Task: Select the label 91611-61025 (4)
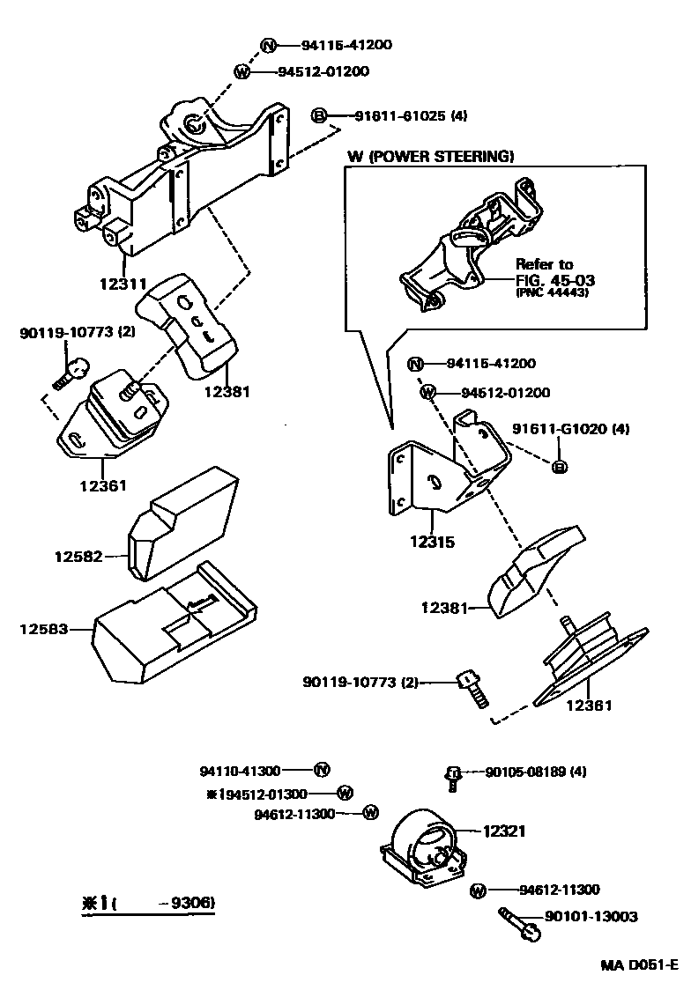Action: click(410, 115)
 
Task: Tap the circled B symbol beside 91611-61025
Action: click(320, 115)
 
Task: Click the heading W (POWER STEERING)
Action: click(429, 156)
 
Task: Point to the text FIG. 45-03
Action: click(555, 280)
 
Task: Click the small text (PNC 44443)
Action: click(552, 293)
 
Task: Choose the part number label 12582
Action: click(78, 556)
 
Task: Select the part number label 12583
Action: click(44, 628)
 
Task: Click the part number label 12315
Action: click(432, 543)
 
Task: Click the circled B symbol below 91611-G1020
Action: click(558, 466)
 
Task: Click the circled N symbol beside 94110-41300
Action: click(323, 771)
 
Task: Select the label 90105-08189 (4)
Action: click(536, 772)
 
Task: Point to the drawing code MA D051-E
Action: click(640, 964)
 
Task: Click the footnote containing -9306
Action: click(147, 903)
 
